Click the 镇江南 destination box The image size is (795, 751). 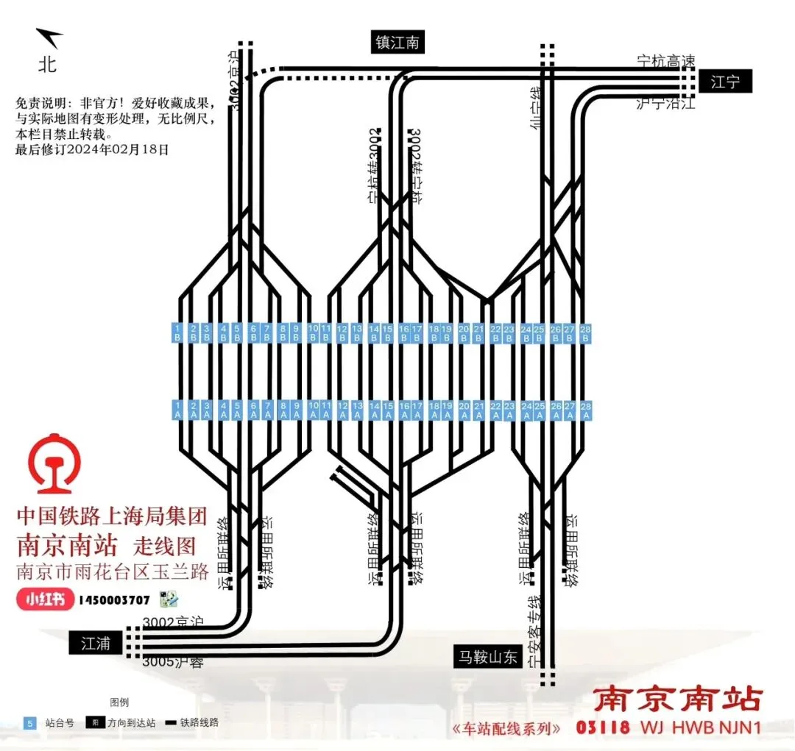pos(397,43)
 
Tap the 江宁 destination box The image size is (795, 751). pos(725,82)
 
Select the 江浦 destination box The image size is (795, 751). pos(96,643)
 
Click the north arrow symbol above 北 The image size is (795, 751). pos(50,38)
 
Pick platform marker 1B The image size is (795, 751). pos(177,332)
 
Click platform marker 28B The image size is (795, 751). pos(586,332)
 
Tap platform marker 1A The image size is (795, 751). pos(177,410)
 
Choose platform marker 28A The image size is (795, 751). pos(586,410)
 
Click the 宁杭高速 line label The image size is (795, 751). pos(665,60)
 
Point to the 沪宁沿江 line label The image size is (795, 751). pos(665,104)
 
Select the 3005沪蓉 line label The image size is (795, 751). pos(172,662)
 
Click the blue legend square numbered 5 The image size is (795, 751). pos(30,723)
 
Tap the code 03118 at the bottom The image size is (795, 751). pos(603,727)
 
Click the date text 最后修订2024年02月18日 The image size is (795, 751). pos(92,149)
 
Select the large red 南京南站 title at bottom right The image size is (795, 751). pos(678,699)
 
